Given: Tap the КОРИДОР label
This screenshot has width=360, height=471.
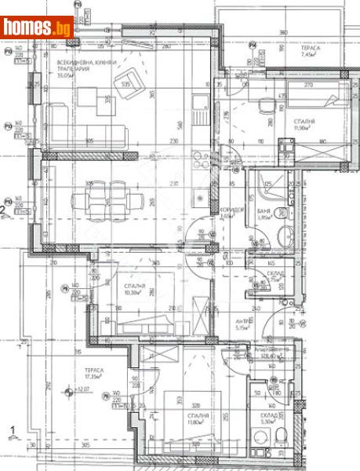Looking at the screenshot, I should click(x=227, y=212).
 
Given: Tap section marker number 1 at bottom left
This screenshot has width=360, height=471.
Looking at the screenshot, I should click(x=10, y=429).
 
